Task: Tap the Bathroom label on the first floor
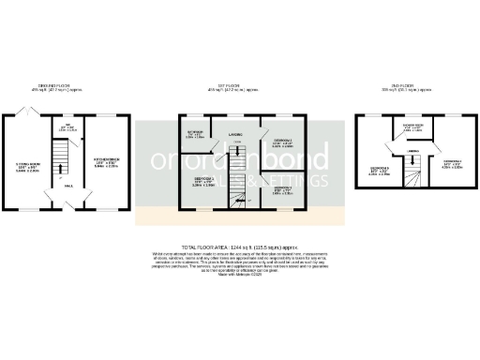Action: (195, 135)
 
